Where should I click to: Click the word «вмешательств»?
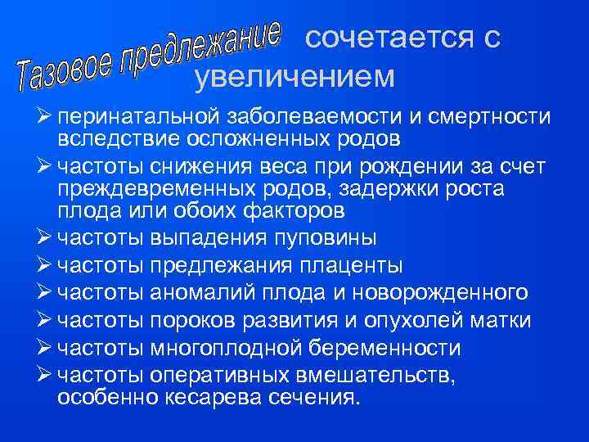[389, 374]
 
